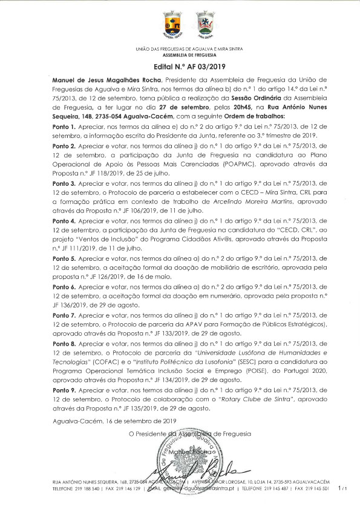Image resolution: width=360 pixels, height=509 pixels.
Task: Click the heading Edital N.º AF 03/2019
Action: coord(180,67)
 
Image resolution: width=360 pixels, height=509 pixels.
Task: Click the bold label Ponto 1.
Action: coord(65,126)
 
